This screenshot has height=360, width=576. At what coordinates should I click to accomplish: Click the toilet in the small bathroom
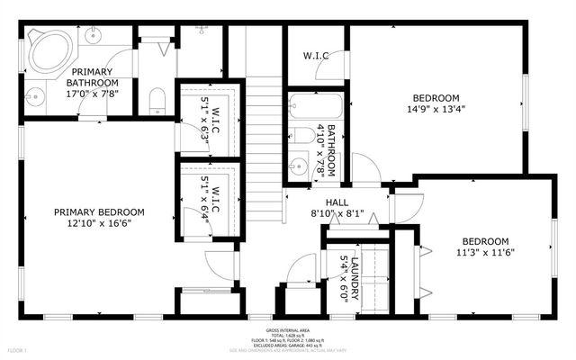click(x=302, y=136)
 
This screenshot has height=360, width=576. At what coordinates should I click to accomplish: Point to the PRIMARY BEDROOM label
click(x=99, y=212)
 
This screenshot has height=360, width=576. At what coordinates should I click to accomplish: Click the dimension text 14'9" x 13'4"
click(x=436, y=110)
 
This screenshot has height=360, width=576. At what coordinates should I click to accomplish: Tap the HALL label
click(x=311, y=203)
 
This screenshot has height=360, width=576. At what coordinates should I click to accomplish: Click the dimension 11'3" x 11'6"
click(x=486, y=253)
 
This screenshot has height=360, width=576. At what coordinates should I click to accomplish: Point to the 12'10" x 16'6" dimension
click(x=99, y=224)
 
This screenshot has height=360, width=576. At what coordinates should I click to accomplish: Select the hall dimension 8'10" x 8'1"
click(x=311, y=214)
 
